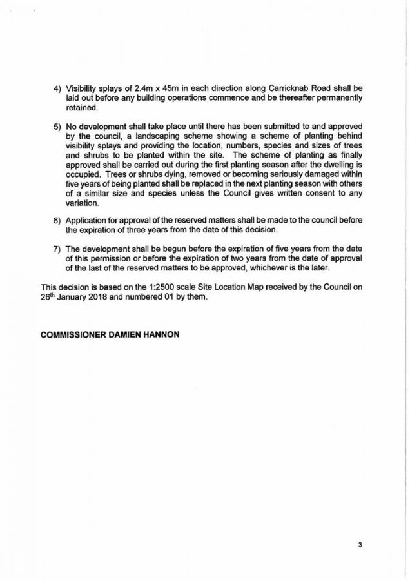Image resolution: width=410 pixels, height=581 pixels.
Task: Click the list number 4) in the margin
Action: [x=56, y=87]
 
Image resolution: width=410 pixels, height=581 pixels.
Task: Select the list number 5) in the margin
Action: [x=56, y=128]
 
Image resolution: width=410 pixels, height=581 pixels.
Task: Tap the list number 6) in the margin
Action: [x=56, y=220]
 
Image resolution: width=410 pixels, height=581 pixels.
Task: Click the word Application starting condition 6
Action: [x=90, y=220]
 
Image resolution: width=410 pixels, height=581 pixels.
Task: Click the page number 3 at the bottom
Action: [x=360, y=544]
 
